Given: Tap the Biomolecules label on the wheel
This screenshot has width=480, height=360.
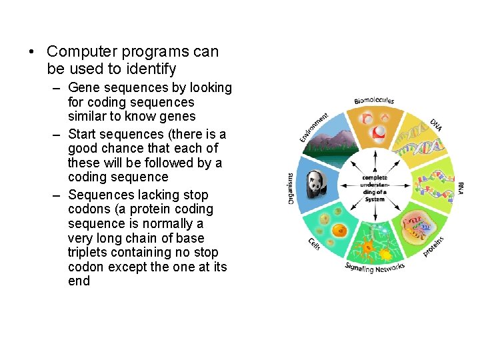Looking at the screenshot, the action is (374, 101).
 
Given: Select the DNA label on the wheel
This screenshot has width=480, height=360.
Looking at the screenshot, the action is (435, 126).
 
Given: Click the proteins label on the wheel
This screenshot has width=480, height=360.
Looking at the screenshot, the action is (435, 245).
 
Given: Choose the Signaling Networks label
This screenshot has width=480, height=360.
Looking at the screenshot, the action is (374, 267).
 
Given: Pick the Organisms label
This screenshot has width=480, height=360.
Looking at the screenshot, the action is (291, 189).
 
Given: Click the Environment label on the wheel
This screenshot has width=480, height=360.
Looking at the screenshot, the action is (313, 127).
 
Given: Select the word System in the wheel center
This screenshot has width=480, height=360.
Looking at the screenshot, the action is (375, 199).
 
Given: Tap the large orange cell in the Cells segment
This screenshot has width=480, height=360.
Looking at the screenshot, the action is (339, 232).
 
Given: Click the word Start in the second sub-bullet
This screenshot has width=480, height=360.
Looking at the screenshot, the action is (83, 134).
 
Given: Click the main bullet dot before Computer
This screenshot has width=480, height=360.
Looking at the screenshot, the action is (31, 52).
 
